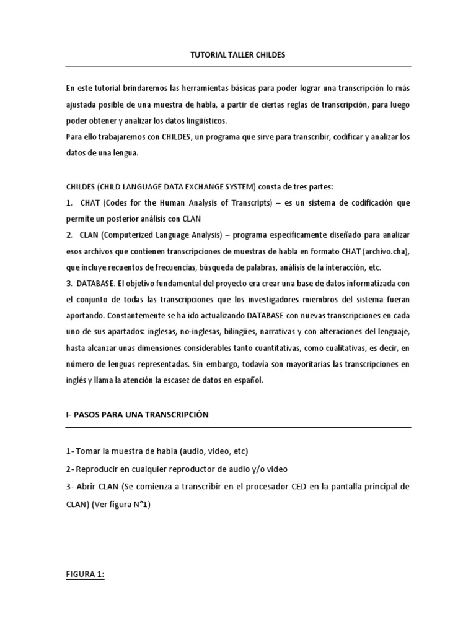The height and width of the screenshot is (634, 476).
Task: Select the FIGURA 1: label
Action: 86,574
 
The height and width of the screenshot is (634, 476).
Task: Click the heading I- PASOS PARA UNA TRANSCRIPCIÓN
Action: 137,415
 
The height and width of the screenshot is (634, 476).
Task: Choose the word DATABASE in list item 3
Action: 97,283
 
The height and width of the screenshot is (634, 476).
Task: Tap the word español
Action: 248,381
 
